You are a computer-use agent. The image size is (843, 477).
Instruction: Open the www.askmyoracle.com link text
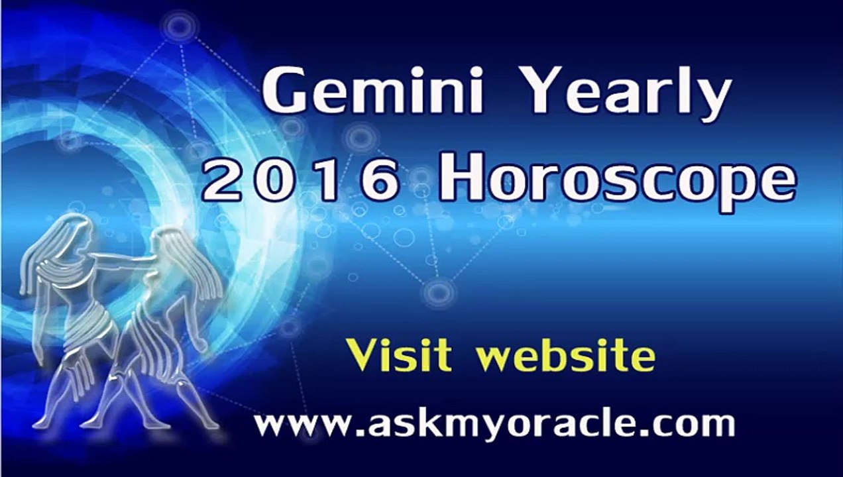(x=495, y=423)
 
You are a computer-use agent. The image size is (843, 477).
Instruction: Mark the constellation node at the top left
(x=179, y=26)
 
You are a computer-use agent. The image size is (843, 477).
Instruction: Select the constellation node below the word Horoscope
(x=437, y=292)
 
